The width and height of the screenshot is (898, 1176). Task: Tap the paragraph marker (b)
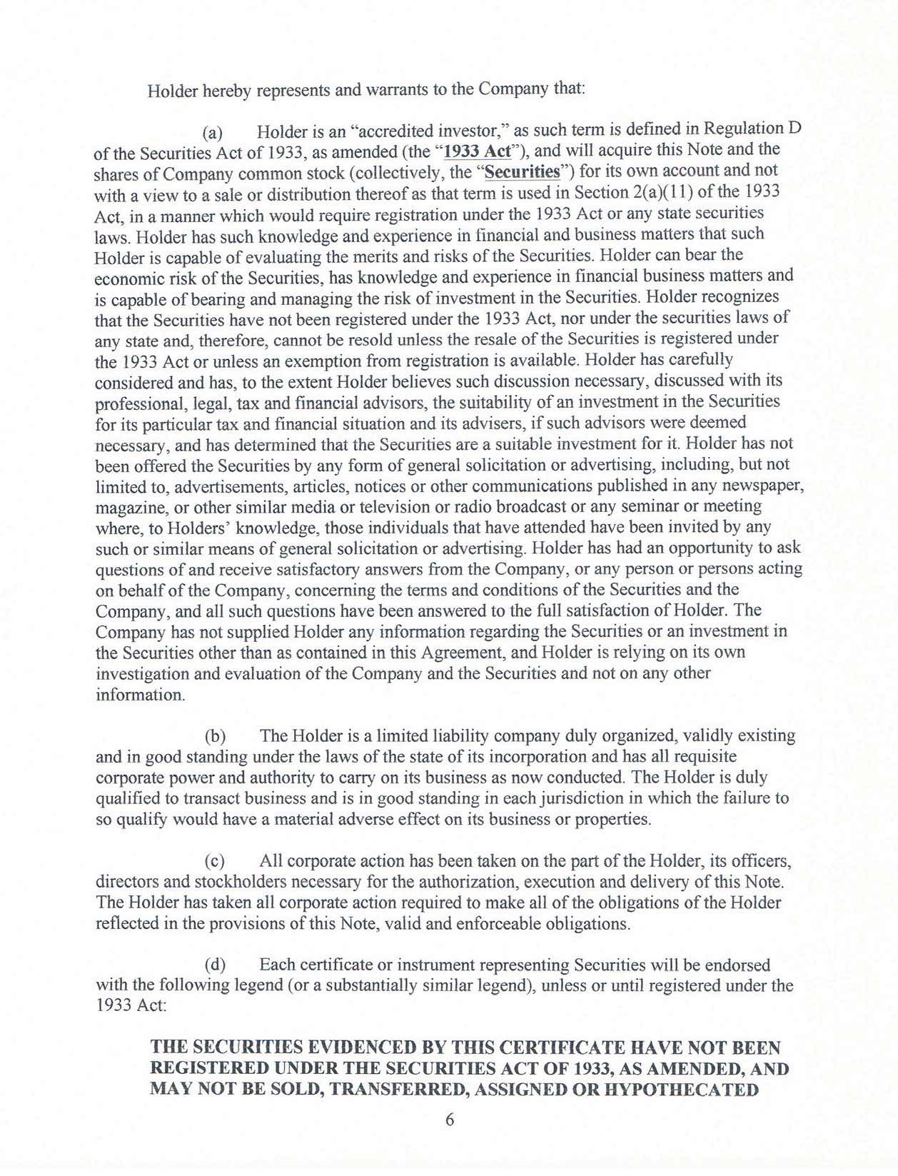216,735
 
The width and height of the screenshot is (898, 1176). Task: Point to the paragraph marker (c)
215,861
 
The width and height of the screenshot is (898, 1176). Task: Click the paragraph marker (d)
216,965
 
